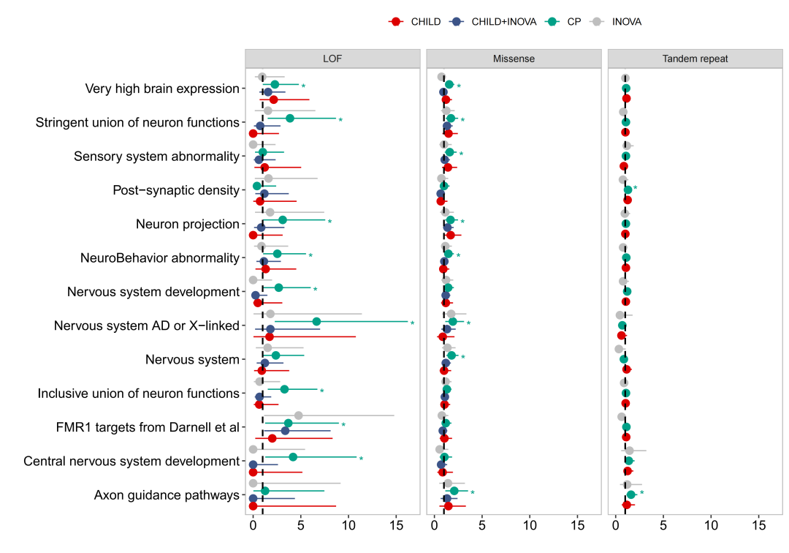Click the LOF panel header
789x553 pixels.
click(332, 59)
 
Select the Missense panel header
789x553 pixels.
click(513, 59)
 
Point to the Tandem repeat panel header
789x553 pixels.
click(695, 59)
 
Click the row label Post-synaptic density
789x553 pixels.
click(176, 190)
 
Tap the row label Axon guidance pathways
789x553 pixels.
click(167, 495)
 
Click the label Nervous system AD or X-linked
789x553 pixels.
click(147, 326)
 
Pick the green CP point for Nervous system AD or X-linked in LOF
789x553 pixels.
click(316, 322)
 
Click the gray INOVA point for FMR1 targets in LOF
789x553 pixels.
click(298, 415)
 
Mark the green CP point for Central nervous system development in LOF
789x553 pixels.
click(293, 457)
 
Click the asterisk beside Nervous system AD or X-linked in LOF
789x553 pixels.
click(412, 323)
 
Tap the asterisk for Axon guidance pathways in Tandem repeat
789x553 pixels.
click(641, 493)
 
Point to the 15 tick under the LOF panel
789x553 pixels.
click(396, 525)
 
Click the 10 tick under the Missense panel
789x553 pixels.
click(530, 525)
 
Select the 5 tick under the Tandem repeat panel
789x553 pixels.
click(663, 525)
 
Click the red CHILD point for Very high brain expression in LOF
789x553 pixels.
click(273, 99)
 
